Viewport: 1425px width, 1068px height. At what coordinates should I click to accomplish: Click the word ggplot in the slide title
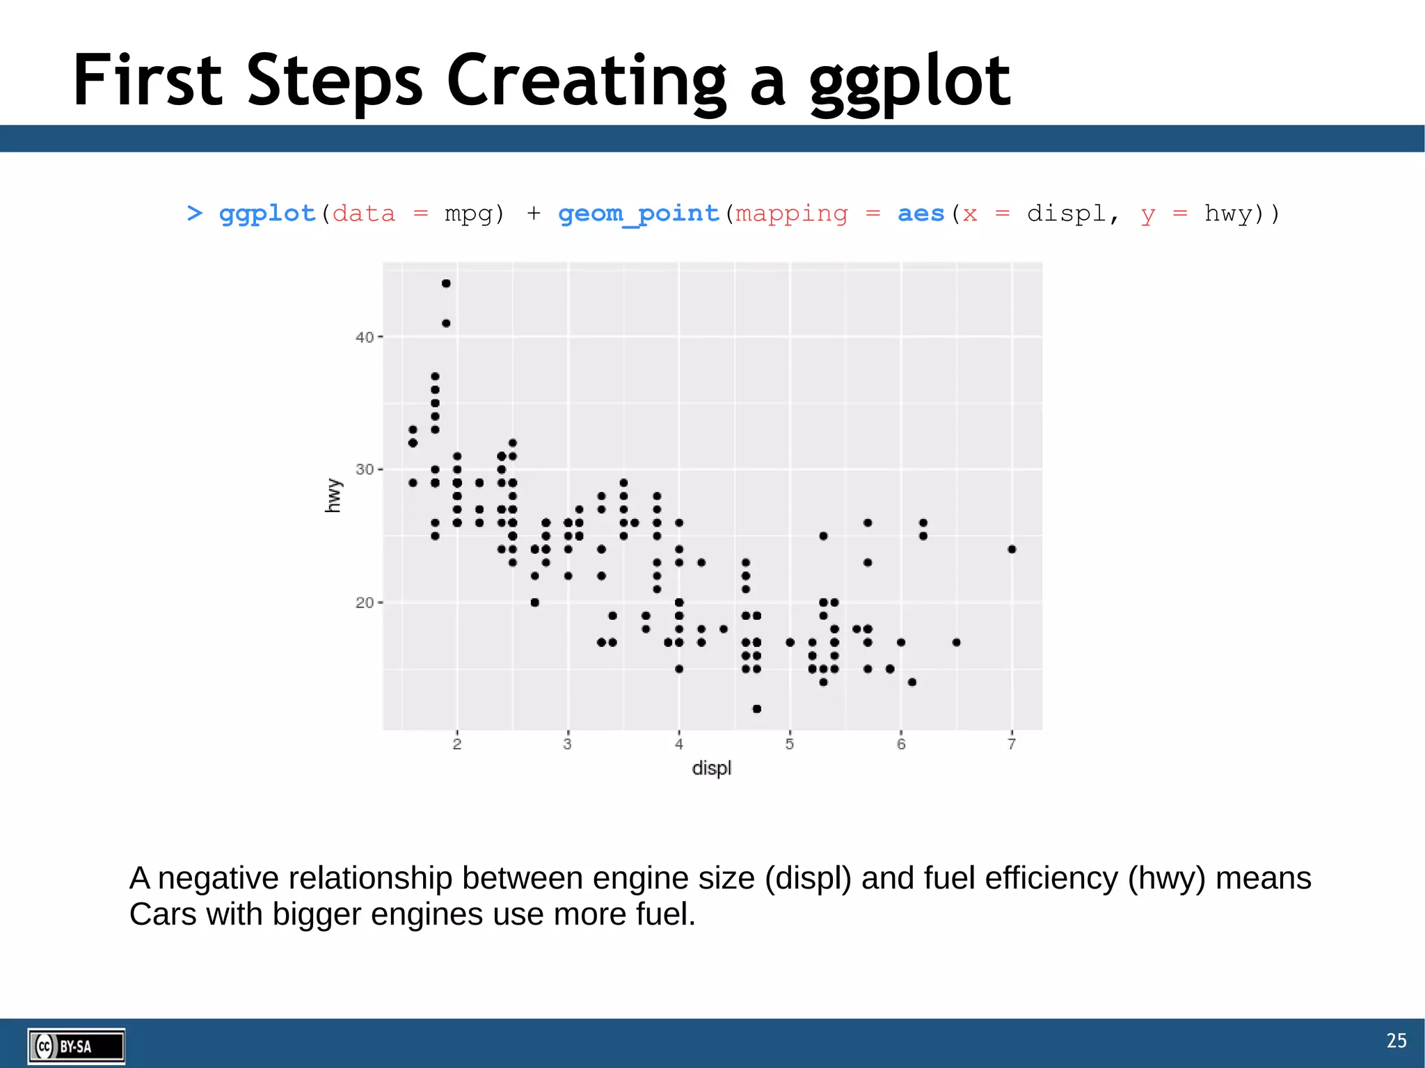tap(909, 82)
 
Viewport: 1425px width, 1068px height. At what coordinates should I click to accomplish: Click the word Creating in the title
tap(586, 82)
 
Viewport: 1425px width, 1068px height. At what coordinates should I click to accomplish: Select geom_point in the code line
tap(638, 213)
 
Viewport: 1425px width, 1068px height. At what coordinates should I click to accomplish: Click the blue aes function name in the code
tap(921, 213)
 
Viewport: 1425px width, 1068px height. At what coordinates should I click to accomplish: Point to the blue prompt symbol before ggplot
tap(194, 213)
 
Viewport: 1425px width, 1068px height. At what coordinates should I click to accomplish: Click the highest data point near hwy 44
tap(446, 283)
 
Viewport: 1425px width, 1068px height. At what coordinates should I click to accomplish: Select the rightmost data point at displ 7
tap(1012, 549)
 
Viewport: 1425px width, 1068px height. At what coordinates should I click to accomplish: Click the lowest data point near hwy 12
tap(756, 708)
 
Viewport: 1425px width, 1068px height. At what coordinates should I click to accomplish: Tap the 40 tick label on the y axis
tap(365, 337)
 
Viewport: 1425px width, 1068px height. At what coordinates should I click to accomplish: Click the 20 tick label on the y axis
tap(365, 603)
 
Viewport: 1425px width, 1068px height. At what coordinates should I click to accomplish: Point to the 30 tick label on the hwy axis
tap(365, 470)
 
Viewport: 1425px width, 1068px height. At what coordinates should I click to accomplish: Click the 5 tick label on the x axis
tap(790, 744)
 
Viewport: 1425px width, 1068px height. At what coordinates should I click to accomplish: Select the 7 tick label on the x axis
tap(1012, 744)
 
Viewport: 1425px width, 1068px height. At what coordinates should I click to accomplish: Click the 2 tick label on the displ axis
tap(457, 744)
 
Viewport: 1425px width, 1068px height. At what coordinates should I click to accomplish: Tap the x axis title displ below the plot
tap(711, 768)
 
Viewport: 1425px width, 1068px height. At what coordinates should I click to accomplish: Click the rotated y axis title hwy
tap(333, 495)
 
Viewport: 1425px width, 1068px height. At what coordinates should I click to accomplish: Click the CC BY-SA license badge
tap(76, 1046)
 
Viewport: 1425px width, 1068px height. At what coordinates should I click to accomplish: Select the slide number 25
tap(1396, 1040)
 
